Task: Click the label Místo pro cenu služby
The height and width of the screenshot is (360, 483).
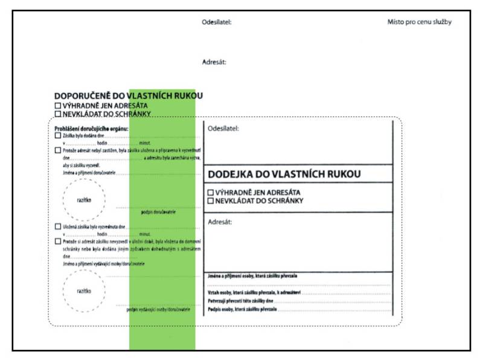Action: click(419, 22)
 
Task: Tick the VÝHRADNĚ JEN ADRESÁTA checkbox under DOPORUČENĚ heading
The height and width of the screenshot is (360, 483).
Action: click(58, 106)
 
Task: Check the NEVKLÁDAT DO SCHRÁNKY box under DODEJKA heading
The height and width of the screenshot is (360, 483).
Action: click(211, 201)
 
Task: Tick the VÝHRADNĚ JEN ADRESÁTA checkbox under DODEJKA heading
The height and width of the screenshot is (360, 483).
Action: click(211, 193)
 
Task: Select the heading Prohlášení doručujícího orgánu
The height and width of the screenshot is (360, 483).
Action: click(91, 128)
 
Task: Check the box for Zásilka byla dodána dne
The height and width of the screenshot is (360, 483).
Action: click(57, 136)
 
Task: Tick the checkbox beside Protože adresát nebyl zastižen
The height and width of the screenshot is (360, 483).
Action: click(57, 150)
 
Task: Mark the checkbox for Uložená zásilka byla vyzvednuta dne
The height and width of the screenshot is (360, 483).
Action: click(57, 226)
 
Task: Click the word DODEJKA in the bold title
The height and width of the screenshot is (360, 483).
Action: click(231, 174)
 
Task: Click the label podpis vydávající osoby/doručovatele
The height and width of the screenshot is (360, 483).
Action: click(158, 309)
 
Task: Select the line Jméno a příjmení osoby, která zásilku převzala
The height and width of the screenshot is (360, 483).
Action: click(252, 276)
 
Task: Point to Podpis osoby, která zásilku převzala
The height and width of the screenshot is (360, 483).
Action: click(242, 309)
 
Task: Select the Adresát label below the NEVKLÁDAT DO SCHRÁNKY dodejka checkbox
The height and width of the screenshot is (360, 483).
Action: click(219, 222)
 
